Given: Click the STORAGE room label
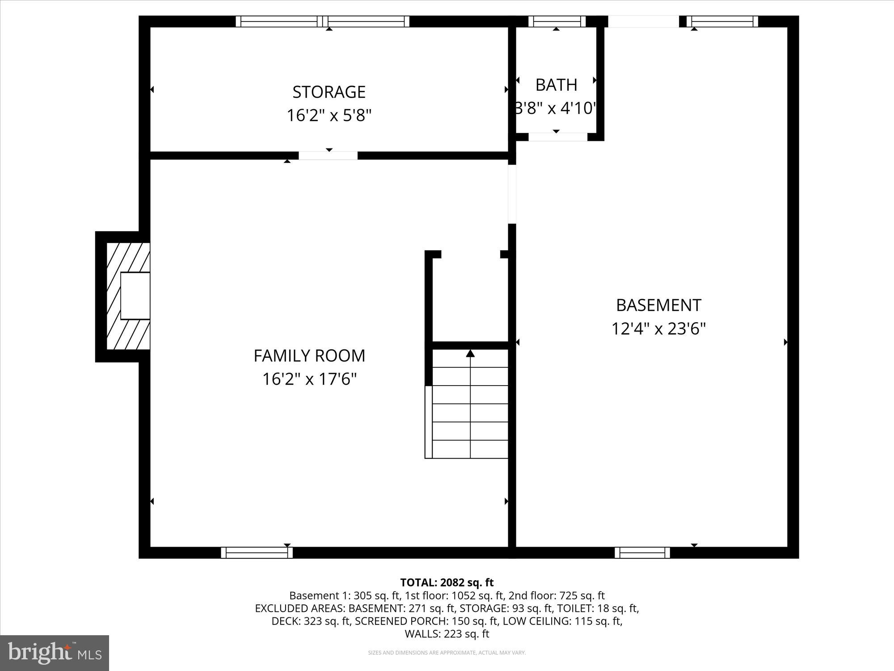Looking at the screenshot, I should point(329,92).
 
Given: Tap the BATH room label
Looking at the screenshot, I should point(556,85).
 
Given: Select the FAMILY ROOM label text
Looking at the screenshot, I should point(309,356).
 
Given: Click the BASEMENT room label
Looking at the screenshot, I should point(658,306).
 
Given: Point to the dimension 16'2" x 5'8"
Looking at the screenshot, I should point(329,116).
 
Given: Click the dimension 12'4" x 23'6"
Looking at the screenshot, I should point(658,329).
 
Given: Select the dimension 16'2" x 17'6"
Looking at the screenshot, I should point(309,380).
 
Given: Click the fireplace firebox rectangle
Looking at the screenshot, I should point(135,296).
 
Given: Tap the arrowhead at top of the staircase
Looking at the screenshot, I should point(470,354).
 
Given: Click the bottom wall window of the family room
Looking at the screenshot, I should point(257,553).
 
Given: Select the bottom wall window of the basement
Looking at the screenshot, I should point(642,553).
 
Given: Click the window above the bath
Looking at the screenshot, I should point(557,21).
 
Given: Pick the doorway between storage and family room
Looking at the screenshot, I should point(328,156).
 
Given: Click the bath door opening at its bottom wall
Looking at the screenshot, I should point(558,137).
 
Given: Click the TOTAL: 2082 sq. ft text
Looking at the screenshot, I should point(447,583).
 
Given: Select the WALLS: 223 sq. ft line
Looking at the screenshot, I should point(447,634).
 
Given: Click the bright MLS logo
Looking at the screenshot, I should point(55,653).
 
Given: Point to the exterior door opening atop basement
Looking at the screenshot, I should point(644,21).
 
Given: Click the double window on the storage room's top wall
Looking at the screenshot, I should point(322,21).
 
